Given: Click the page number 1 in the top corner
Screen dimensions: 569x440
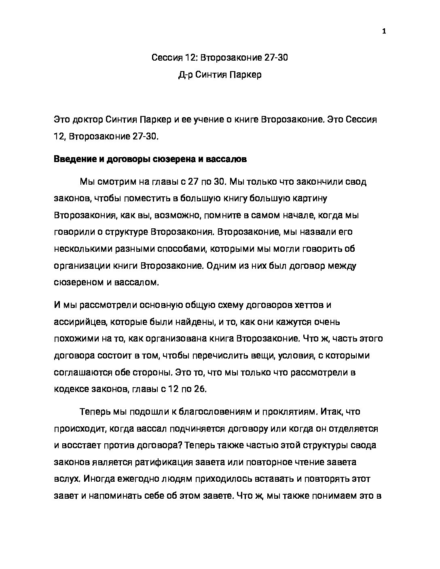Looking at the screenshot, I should point(384,32).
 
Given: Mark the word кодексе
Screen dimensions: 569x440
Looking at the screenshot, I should point(70,389).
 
